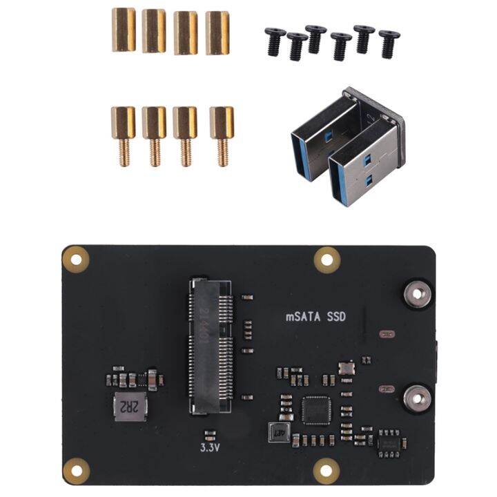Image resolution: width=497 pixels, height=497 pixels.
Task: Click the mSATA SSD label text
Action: (315, 318)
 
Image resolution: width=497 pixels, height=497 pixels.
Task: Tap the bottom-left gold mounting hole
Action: (76, 471)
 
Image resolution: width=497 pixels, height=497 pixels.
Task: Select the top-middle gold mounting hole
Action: (326, 259)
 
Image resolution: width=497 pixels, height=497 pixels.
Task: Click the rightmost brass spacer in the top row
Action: (217, 32)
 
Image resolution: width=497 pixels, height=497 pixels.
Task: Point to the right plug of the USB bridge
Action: (362, 155)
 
